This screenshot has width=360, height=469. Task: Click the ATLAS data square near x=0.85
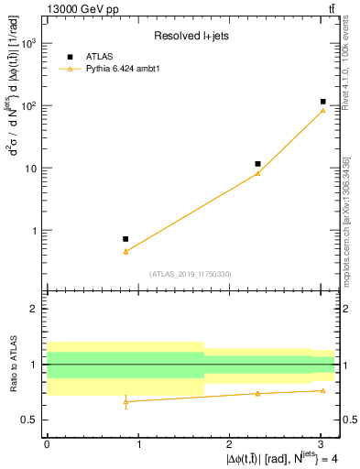coord(125,238)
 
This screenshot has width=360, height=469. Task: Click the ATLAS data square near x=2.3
coord(258,164)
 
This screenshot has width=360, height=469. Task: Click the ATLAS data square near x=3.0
coord(323,102)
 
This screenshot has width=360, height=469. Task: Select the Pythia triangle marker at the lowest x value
coord(125,251)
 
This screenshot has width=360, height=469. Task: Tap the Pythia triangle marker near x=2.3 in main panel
coord(258,173)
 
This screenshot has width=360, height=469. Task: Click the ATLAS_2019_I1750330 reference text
coord(191,274)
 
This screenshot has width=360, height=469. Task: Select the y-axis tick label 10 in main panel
coord(31,169)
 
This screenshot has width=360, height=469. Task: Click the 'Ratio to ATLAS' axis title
coord(12,365)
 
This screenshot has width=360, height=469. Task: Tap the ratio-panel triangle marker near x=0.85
coord(125,401)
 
